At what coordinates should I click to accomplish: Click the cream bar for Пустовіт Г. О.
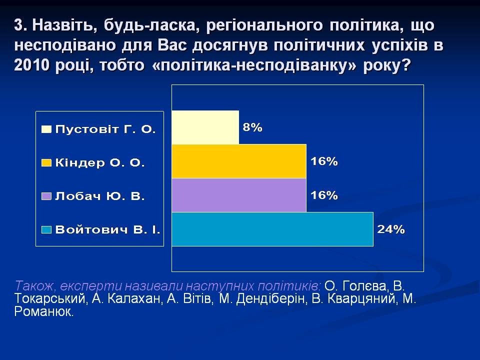[205, 127]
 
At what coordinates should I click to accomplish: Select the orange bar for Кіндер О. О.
[239, 161]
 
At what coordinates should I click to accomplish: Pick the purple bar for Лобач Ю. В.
[239, 195]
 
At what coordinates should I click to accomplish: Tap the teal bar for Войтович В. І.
[272, 229]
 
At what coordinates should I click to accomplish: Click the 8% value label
[252, 127]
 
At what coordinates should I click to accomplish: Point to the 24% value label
[391, 229]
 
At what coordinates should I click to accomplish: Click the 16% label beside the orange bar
[324, 161]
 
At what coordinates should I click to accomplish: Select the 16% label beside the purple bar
[324, 195]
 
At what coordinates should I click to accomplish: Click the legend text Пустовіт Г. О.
[105, 129]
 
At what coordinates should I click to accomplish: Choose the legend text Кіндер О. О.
[100, 163]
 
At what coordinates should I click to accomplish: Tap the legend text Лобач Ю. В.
[100, 196]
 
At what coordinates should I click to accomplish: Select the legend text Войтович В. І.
[108, 229]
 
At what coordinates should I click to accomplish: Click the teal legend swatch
[46, 230]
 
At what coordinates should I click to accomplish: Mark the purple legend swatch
[46, 196]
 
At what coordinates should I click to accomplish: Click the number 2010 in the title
[31, 65]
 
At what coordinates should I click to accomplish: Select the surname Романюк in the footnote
[44, 311]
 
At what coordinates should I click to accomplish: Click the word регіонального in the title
[264, 25]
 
